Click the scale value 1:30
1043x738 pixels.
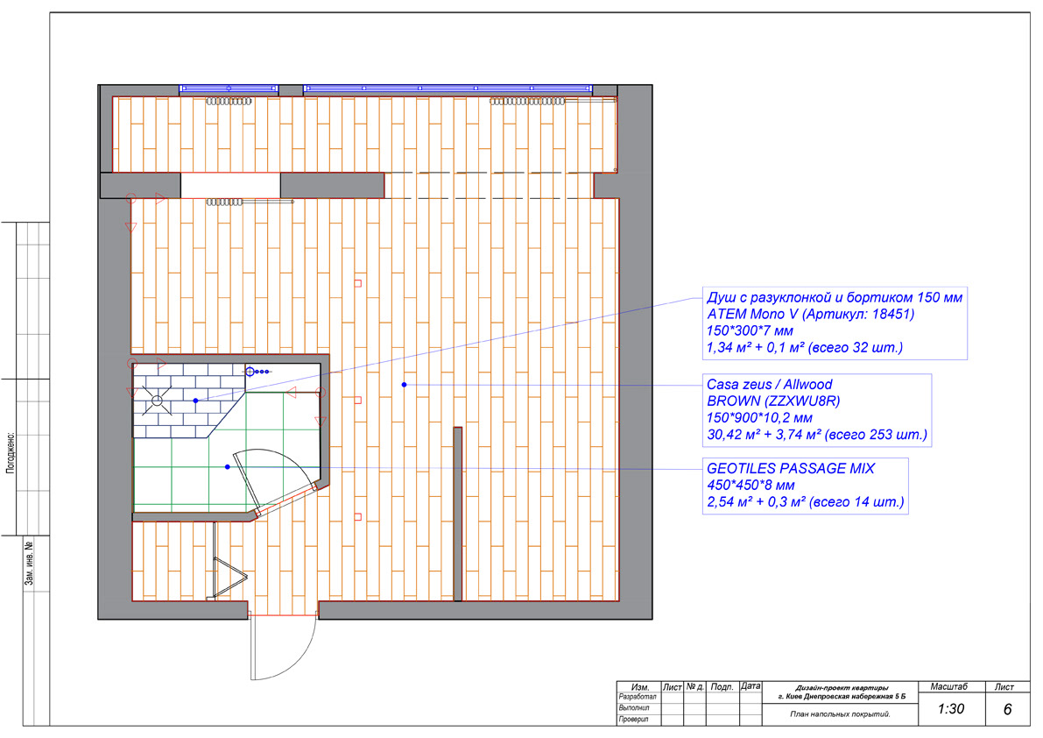[x=950, y=709]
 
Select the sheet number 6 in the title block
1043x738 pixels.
[x=1007, y=709]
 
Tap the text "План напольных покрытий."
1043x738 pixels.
[x=840, y=714]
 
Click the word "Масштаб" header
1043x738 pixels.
[x=948, y=687]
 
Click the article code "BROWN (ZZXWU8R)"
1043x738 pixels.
[x=773, y=401]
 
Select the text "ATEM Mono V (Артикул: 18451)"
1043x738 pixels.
[x=810, y=314]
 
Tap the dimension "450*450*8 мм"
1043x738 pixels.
[x=751, y=485]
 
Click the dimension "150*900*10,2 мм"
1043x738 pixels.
[x=759, y=418]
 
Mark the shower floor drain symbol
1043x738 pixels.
[x=157, y=401]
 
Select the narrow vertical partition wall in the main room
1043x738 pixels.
[x=458, y=514]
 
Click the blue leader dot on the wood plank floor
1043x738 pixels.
[x=404, y=385]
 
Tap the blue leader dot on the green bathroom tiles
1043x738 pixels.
[x=228, y=467]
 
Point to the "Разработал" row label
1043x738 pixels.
[x=638, y=697]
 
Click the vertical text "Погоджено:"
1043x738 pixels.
[x=11, y=453]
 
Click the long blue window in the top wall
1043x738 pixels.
[x=448, y=88]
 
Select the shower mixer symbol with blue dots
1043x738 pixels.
[x=257, y=372]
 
